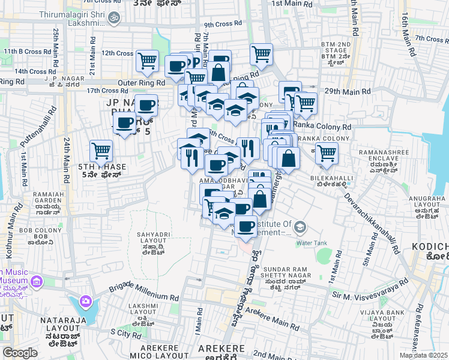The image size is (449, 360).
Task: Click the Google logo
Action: click(x=20, y=352)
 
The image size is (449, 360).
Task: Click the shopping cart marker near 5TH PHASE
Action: click(x=101, y=150)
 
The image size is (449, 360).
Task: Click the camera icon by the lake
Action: click(x=86, y=301)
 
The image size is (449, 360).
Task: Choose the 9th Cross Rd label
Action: click(x=222, y=25)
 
